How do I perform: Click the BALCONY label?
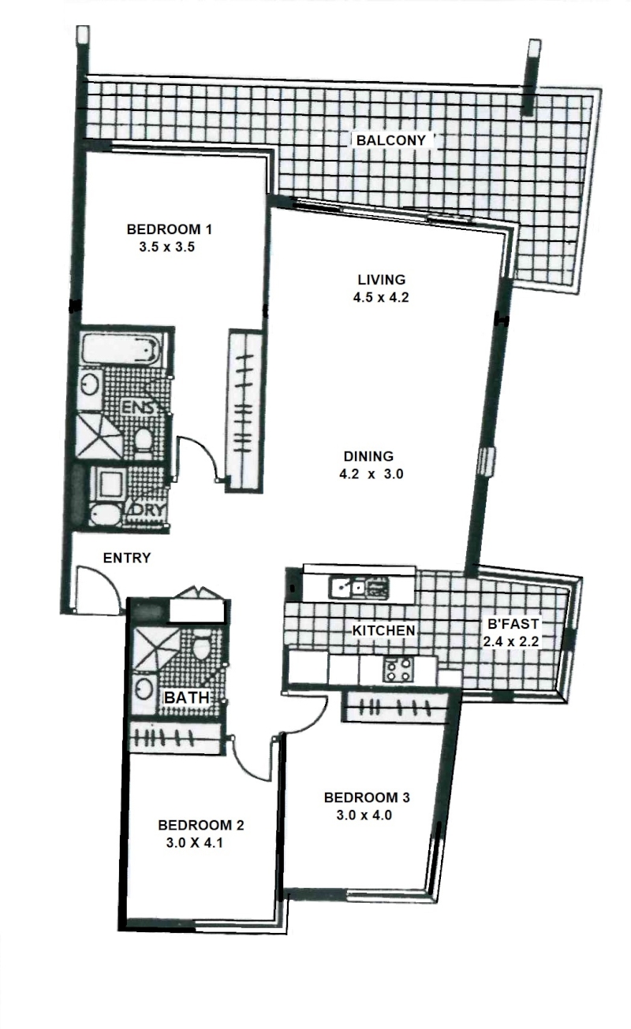point(391,140)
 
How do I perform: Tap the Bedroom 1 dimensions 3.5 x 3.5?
point(167,247)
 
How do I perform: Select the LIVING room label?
point(382,279)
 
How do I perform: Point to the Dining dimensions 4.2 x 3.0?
point(372,474)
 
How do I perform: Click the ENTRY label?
point(127,558)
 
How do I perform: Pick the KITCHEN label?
point(383,631)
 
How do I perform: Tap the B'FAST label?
point(513,624)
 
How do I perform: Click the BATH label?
point(187,697)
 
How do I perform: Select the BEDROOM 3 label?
point(367,797)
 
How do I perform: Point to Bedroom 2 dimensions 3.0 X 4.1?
point(195,843)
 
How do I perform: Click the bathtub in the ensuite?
point(121,350)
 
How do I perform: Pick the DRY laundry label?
point(148,510)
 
